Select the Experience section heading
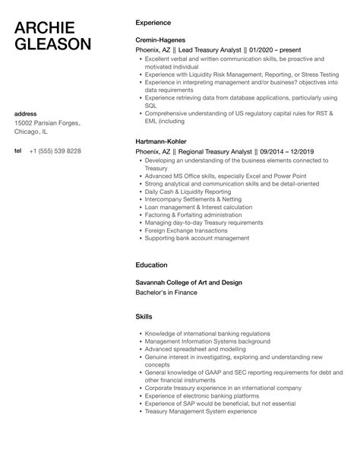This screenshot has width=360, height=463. tap(153, 23)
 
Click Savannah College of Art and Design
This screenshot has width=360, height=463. tap(188, 282)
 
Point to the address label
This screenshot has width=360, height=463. tap(27, 114)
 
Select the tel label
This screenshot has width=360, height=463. tap(17, 151)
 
